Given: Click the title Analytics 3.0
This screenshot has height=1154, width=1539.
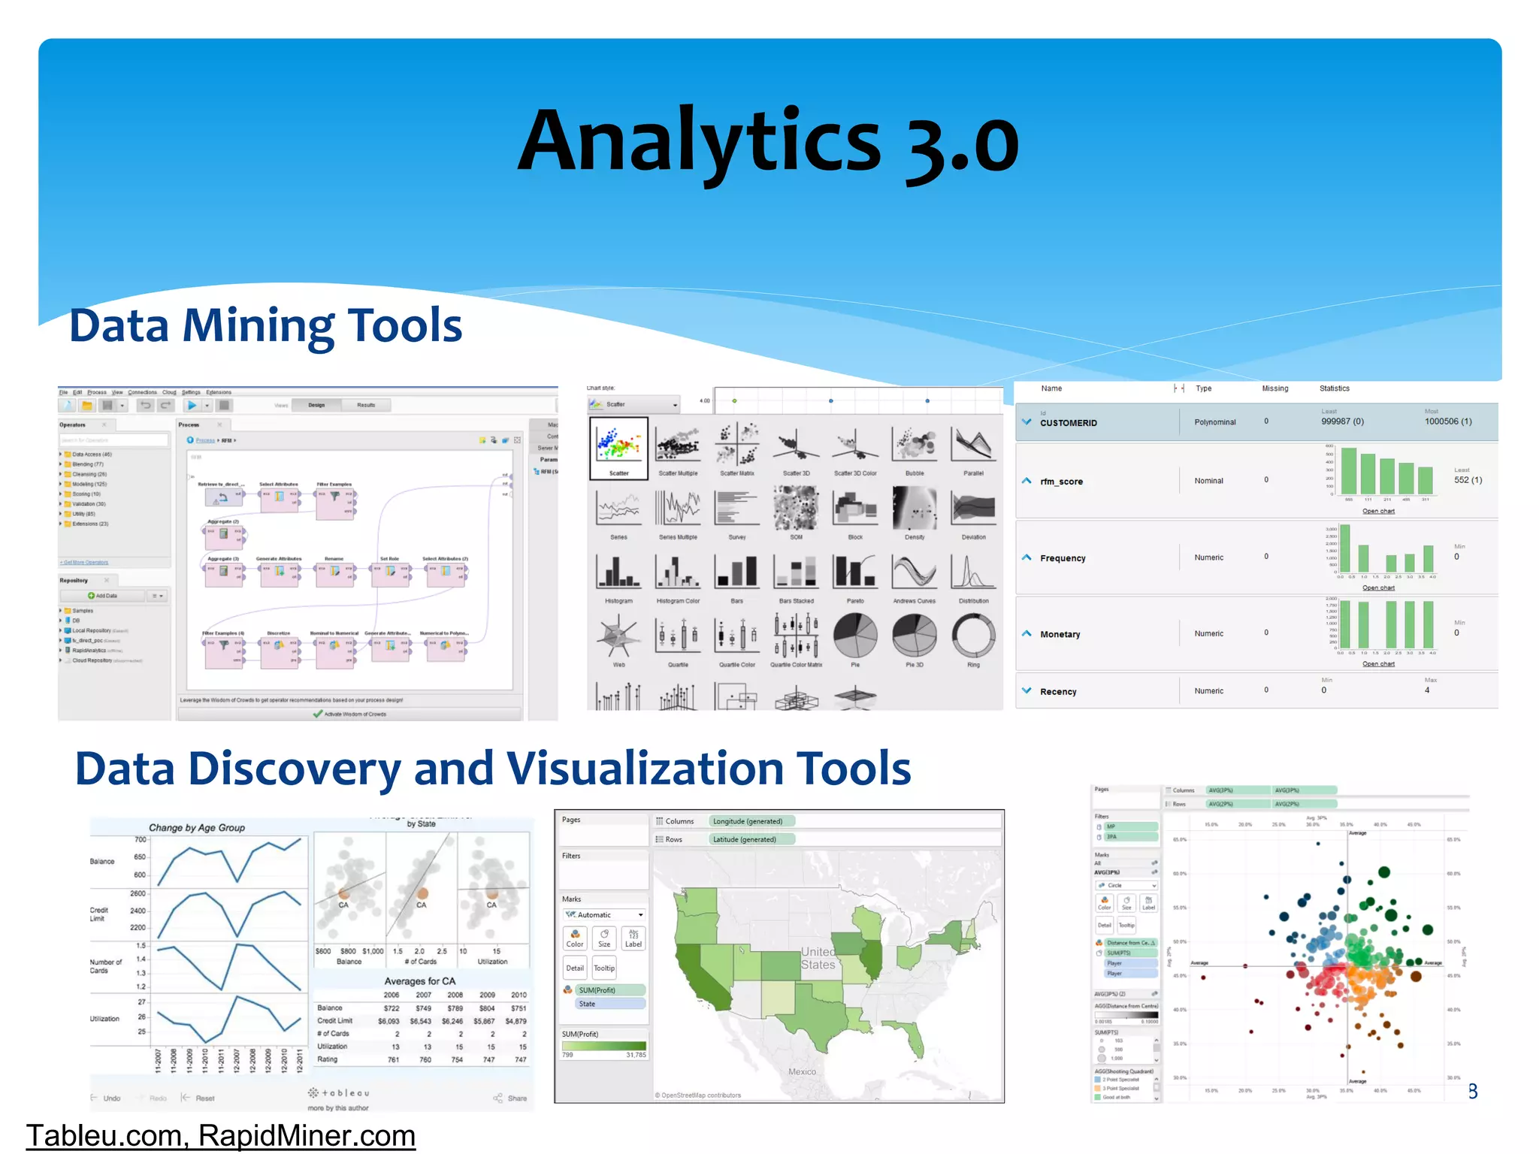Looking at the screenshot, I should coord(768,141).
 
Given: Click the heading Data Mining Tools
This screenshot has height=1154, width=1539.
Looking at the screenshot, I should coord(265,326).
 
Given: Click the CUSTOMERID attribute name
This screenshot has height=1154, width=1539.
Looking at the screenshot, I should coord(1068,423).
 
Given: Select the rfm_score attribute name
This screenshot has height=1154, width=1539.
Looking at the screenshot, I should coord(1061,482).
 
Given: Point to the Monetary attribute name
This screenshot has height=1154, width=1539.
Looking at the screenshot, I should coord(1060,634).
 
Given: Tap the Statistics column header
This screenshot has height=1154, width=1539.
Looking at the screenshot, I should coord(1334,388).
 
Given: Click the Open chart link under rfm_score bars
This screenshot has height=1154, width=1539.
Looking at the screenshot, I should coord(1378,511).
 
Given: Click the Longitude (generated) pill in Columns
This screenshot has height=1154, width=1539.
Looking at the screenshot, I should coord(748,821).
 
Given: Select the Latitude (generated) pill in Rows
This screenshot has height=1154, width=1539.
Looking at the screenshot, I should coord(745,839).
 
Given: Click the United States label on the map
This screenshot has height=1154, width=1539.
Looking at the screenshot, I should coord(818,958).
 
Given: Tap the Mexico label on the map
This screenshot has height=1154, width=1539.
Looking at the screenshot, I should coord(802,1071).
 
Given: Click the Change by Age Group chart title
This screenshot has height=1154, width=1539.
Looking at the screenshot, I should coord(197,827).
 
